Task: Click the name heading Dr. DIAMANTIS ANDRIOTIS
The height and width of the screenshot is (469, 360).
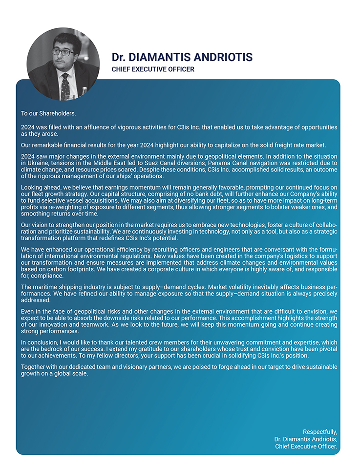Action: (182, 57)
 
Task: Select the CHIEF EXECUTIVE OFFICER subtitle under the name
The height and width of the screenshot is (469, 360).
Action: (153, 69)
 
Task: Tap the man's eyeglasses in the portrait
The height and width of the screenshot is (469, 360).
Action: (63, 52)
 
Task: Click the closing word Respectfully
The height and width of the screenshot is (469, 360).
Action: (320, 432)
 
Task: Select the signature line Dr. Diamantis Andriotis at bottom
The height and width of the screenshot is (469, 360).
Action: (305, 439)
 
